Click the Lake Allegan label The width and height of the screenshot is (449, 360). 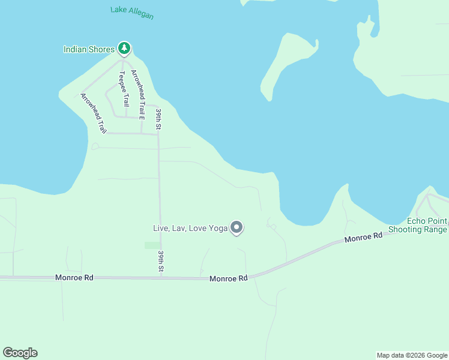tap(132, 13)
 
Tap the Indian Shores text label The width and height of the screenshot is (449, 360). tap(89, 49)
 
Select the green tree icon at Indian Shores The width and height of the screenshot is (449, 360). tap(124, 48)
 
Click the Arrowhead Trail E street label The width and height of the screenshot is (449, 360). tap(138, 94)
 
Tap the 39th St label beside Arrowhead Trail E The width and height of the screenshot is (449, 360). tap(159, 119)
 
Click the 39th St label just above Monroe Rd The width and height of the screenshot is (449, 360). tap(161, 262)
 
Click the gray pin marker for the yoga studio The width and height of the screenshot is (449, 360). tap(237, 227)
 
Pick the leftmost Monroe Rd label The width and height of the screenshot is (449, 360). tap(74, 278)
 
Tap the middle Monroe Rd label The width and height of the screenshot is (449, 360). tap(229, 278)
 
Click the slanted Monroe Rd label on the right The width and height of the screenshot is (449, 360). tap(363, 238)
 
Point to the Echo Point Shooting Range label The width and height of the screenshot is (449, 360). tap(418, 225)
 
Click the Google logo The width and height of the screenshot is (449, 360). tap(20, 353)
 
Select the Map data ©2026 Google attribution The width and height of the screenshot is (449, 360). tap(412, 355)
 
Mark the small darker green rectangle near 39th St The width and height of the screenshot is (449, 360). tap(152, 245)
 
